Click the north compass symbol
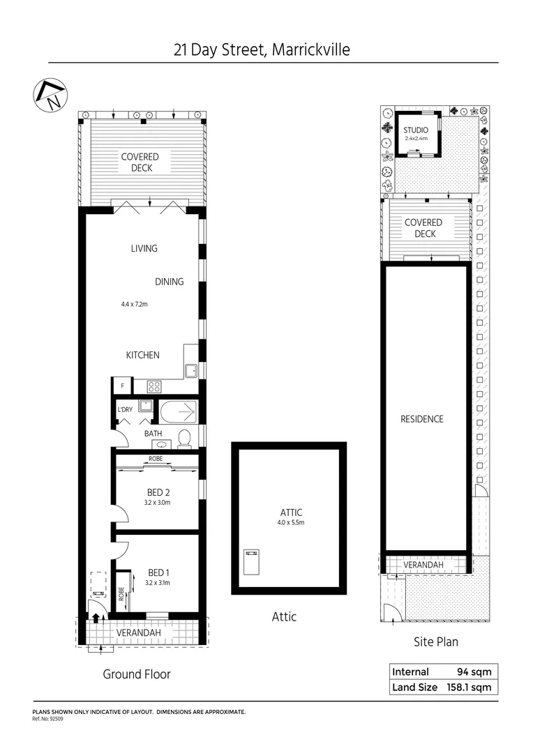pos(50,94)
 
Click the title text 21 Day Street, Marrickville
pos(262,50)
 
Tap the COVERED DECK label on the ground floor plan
pos(140,162)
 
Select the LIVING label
pos(144,248)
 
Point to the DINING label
pos(170,282)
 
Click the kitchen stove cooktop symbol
pos(153,386)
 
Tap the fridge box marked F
pos(123,386)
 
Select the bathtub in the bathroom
pos(179,412)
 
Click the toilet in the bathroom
pos(184,438)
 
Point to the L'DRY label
pos(125,409)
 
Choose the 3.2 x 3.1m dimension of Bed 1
pos(158,583)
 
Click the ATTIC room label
pos(290,512)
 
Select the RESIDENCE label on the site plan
pos(422,419)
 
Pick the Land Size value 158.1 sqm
pos(467,687)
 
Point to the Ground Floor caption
pos(137,674)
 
